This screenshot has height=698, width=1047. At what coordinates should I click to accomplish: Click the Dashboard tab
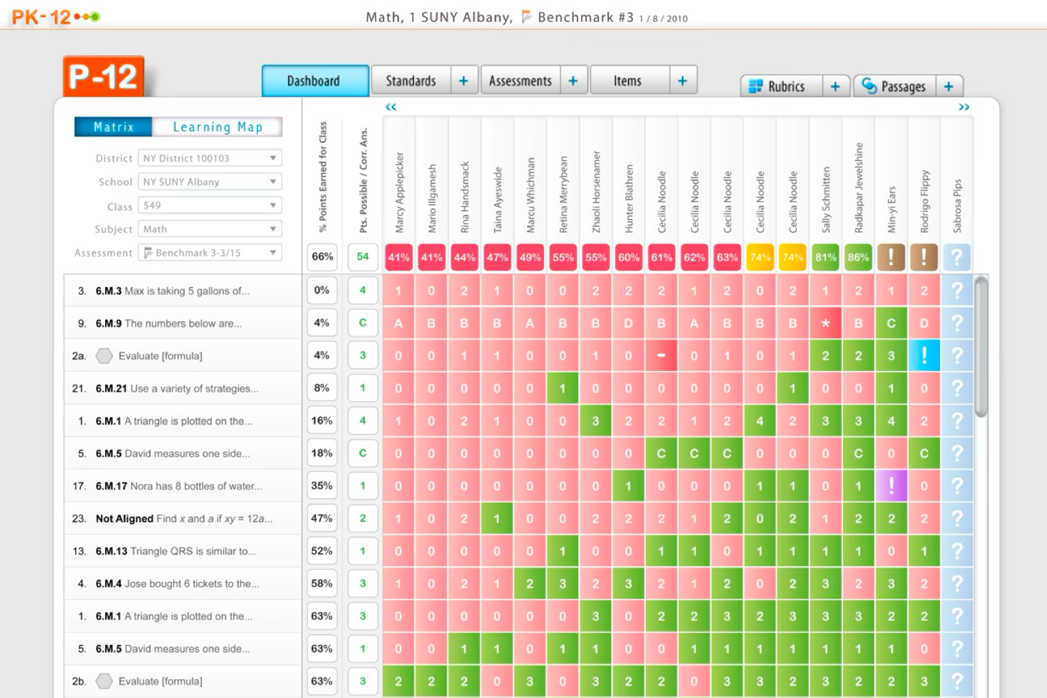pos(315,81)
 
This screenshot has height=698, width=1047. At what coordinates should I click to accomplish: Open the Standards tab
pos(411,81)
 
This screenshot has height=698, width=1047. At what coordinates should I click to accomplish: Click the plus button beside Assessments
pos(573,81)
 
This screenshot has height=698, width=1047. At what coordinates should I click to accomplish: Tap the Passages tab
pos(895,87)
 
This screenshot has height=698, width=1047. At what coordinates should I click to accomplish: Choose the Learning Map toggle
pos(217,127)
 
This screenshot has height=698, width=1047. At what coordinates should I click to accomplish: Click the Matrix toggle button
pos(113,127)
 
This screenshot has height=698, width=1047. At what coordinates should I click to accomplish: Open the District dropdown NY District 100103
pos(210,158)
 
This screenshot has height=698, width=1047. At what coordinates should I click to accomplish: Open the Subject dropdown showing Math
pos(210,229)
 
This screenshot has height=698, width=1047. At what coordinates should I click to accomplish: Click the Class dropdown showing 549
pos(210,205)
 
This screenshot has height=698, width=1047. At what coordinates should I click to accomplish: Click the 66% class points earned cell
pos(322,257)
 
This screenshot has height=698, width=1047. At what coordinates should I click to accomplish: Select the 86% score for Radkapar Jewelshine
pos(858,258)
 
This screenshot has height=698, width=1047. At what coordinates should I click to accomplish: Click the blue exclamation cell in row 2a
pos(924,356)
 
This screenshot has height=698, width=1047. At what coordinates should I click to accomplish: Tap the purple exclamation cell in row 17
pos(891,486)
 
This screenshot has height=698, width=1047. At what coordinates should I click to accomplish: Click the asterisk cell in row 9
pos(825,324)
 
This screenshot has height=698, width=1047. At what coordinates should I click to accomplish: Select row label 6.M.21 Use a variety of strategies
pos(177,389)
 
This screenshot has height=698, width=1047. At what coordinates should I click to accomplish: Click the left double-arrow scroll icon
pos(391,107)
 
